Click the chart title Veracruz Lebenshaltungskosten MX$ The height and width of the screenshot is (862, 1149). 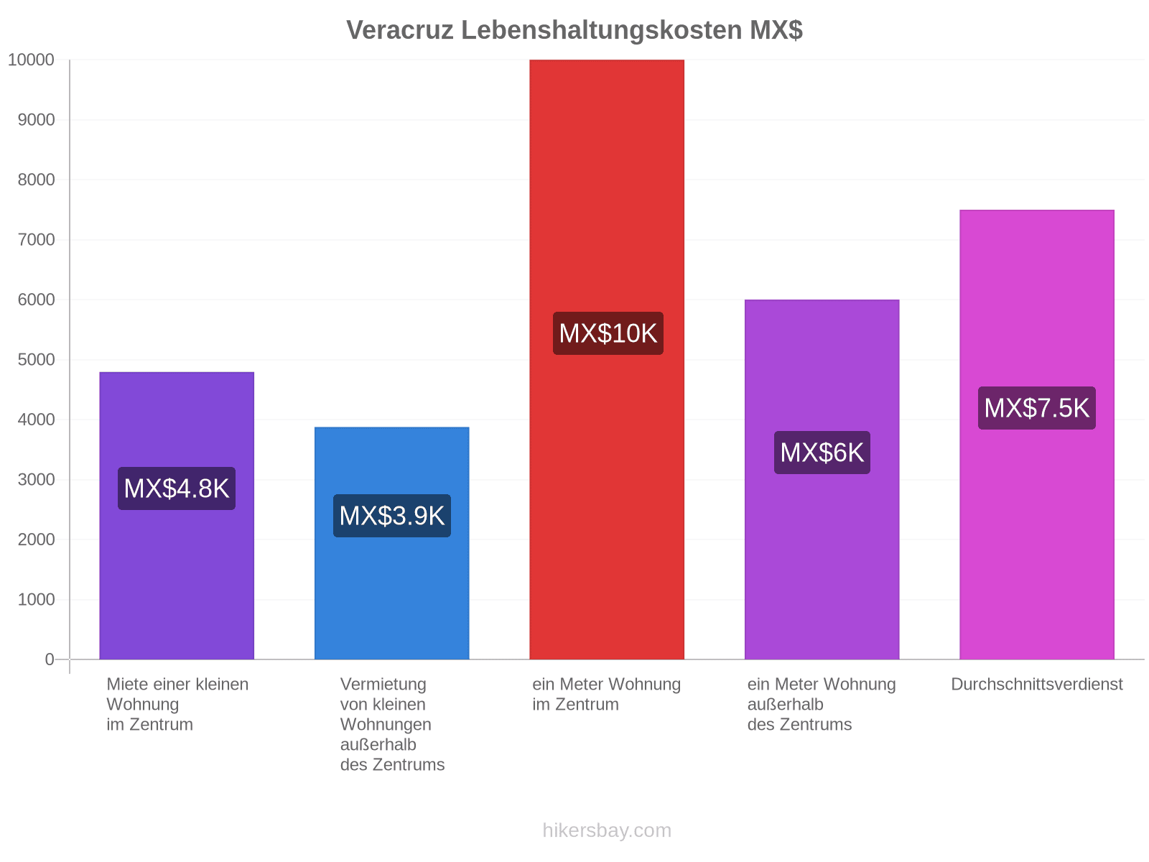(x=574, y=30)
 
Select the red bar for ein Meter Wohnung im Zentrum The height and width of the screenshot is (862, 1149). (x=607, y=360)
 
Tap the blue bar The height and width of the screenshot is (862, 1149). (x=391, y=543)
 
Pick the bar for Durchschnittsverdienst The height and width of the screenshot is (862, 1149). (x=1036, y=435)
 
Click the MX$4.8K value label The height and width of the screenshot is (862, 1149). (x=177, y=488)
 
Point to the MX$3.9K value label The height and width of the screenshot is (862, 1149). (x=391, y=516)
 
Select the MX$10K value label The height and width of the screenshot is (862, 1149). (x=608, y=333)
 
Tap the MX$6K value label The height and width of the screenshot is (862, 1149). (x=822, y=453)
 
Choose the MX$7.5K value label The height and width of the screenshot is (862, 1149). (x=1036, y=408)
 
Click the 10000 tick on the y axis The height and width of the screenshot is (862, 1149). (x=31, y=60)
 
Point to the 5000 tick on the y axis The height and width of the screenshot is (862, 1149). (x=36, y=360)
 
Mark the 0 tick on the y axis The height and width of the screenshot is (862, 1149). (x=50, y=659)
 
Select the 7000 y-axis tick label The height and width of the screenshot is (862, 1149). (x=36, y=240)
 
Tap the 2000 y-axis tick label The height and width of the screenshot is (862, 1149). (x=36, y=539)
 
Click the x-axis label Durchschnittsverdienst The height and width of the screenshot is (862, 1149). (x=1036, y=685)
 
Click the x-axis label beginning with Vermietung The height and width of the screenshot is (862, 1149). (x=392, y=725)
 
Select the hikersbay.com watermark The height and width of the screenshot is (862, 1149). (x=607, y=830)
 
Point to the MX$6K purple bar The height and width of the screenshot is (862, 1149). (x=822, y=479)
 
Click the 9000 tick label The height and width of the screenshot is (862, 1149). (x=36, y=120)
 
